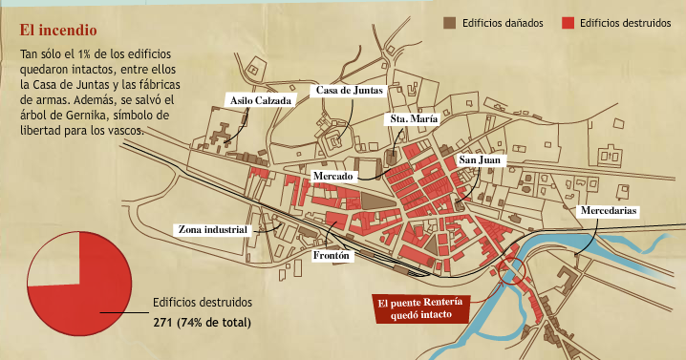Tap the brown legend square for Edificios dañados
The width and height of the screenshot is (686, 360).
click(x=449, y=22)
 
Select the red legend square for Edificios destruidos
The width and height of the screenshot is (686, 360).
click(x=569, y=22)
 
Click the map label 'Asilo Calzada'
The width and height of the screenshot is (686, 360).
click(x=260, y=99)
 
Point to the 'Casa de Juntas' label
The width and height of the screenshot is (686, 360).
click(x=350, y=91)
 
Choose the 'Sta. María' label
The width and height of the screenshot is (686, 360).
click(x=413, y=119)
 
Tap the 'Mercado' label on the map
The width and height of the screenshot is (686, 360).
click(x=333, y=177)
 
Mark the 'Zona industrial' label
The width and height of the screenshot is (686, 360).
click(x=213, y=230)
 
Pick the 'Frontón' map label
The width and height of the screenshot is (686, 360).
click(x=333, y=256)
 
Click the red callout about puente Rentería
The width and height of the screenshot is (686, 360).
click(x=421, y=309)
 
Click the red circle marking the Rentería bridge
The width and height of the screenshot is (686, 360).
click(x=513, y=270)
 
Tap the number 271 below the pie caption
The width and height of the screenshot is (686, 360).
click(x=164, y=323)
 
